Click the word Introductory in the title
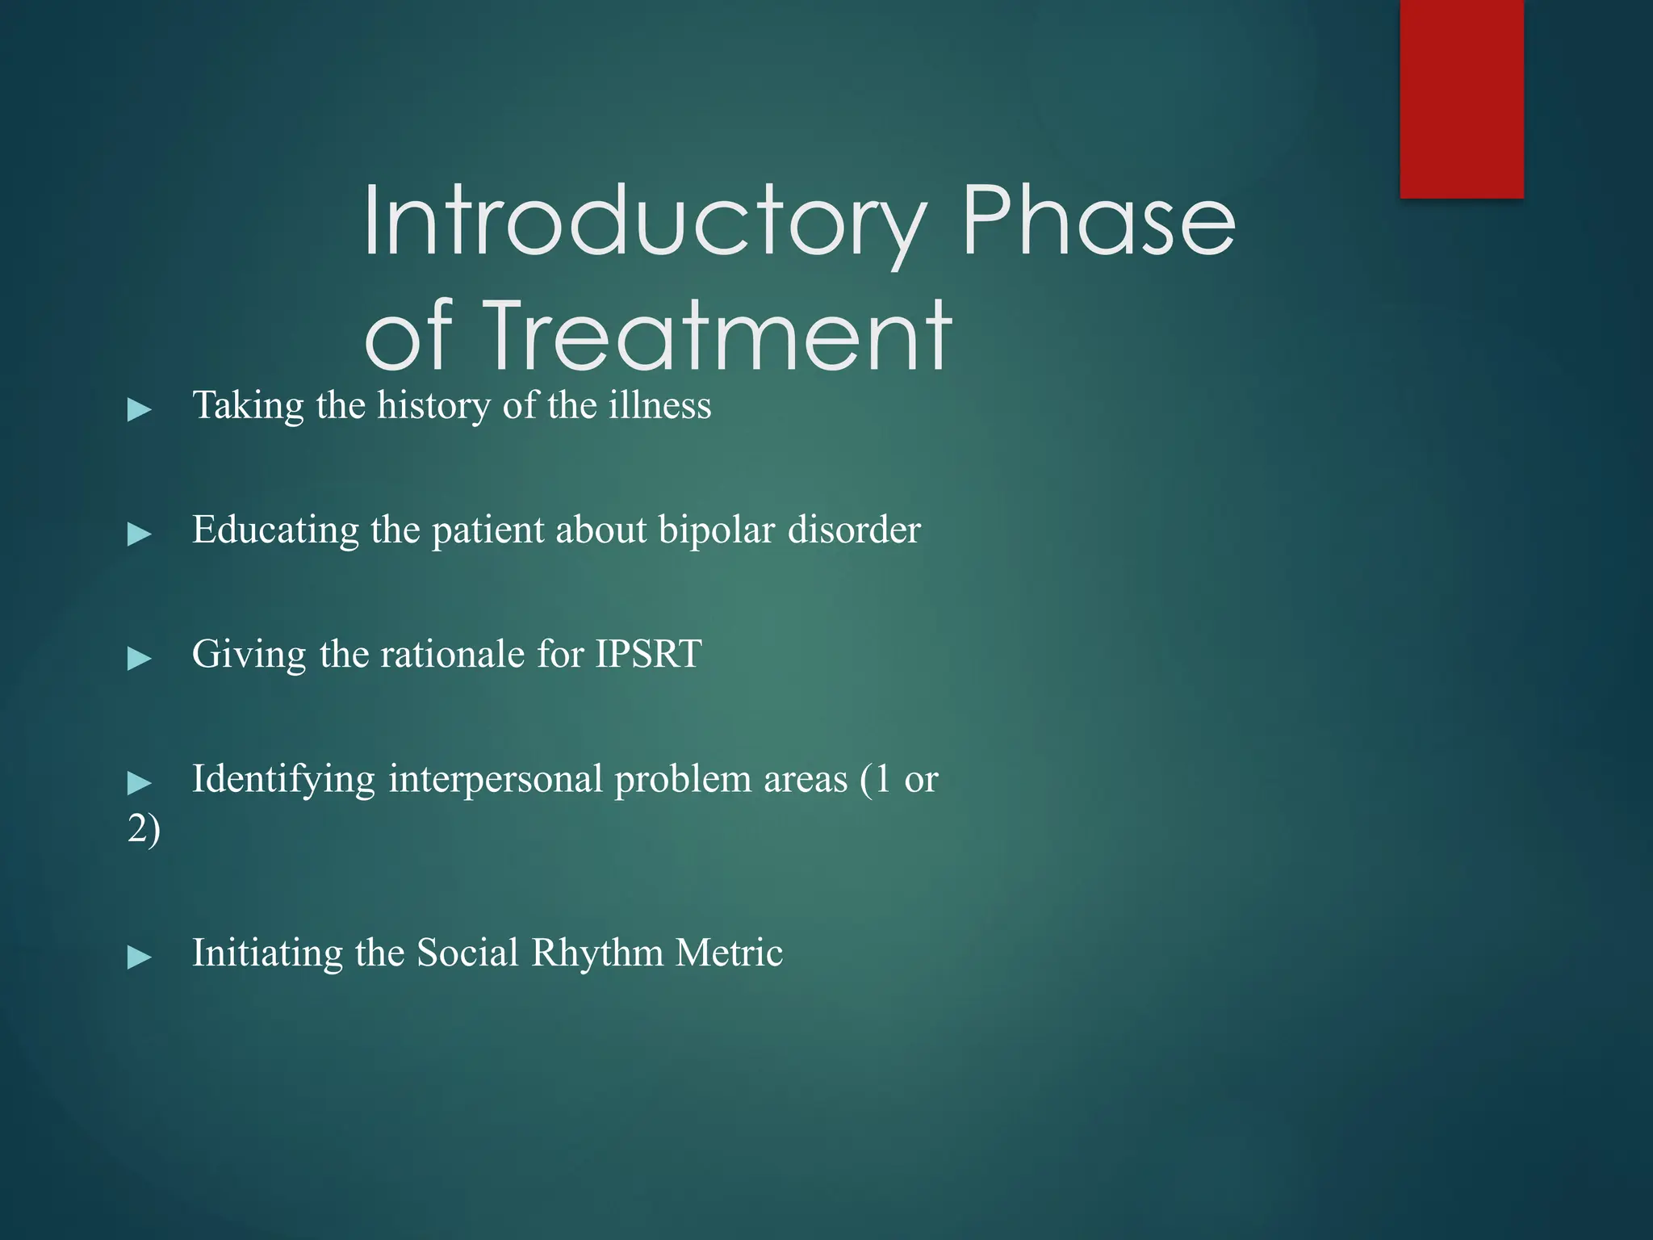(x=643, y=222)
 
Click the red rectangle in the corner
(x=1461, y=98)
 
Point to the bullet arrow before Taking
(x=140, y=409)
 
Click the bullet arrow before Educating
(x=140, y=534)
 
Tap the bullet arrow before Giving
(x=140, y=658)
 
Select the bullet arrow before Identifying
(x=140, y=782)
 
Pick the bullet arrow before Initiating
(x=140, y=957)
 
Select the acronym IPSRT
(x=648, y=653)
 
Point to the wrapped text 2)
(x=144, y=829)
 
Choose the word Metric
(x=729, y=952)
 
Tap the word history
(x=433, y=406)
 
